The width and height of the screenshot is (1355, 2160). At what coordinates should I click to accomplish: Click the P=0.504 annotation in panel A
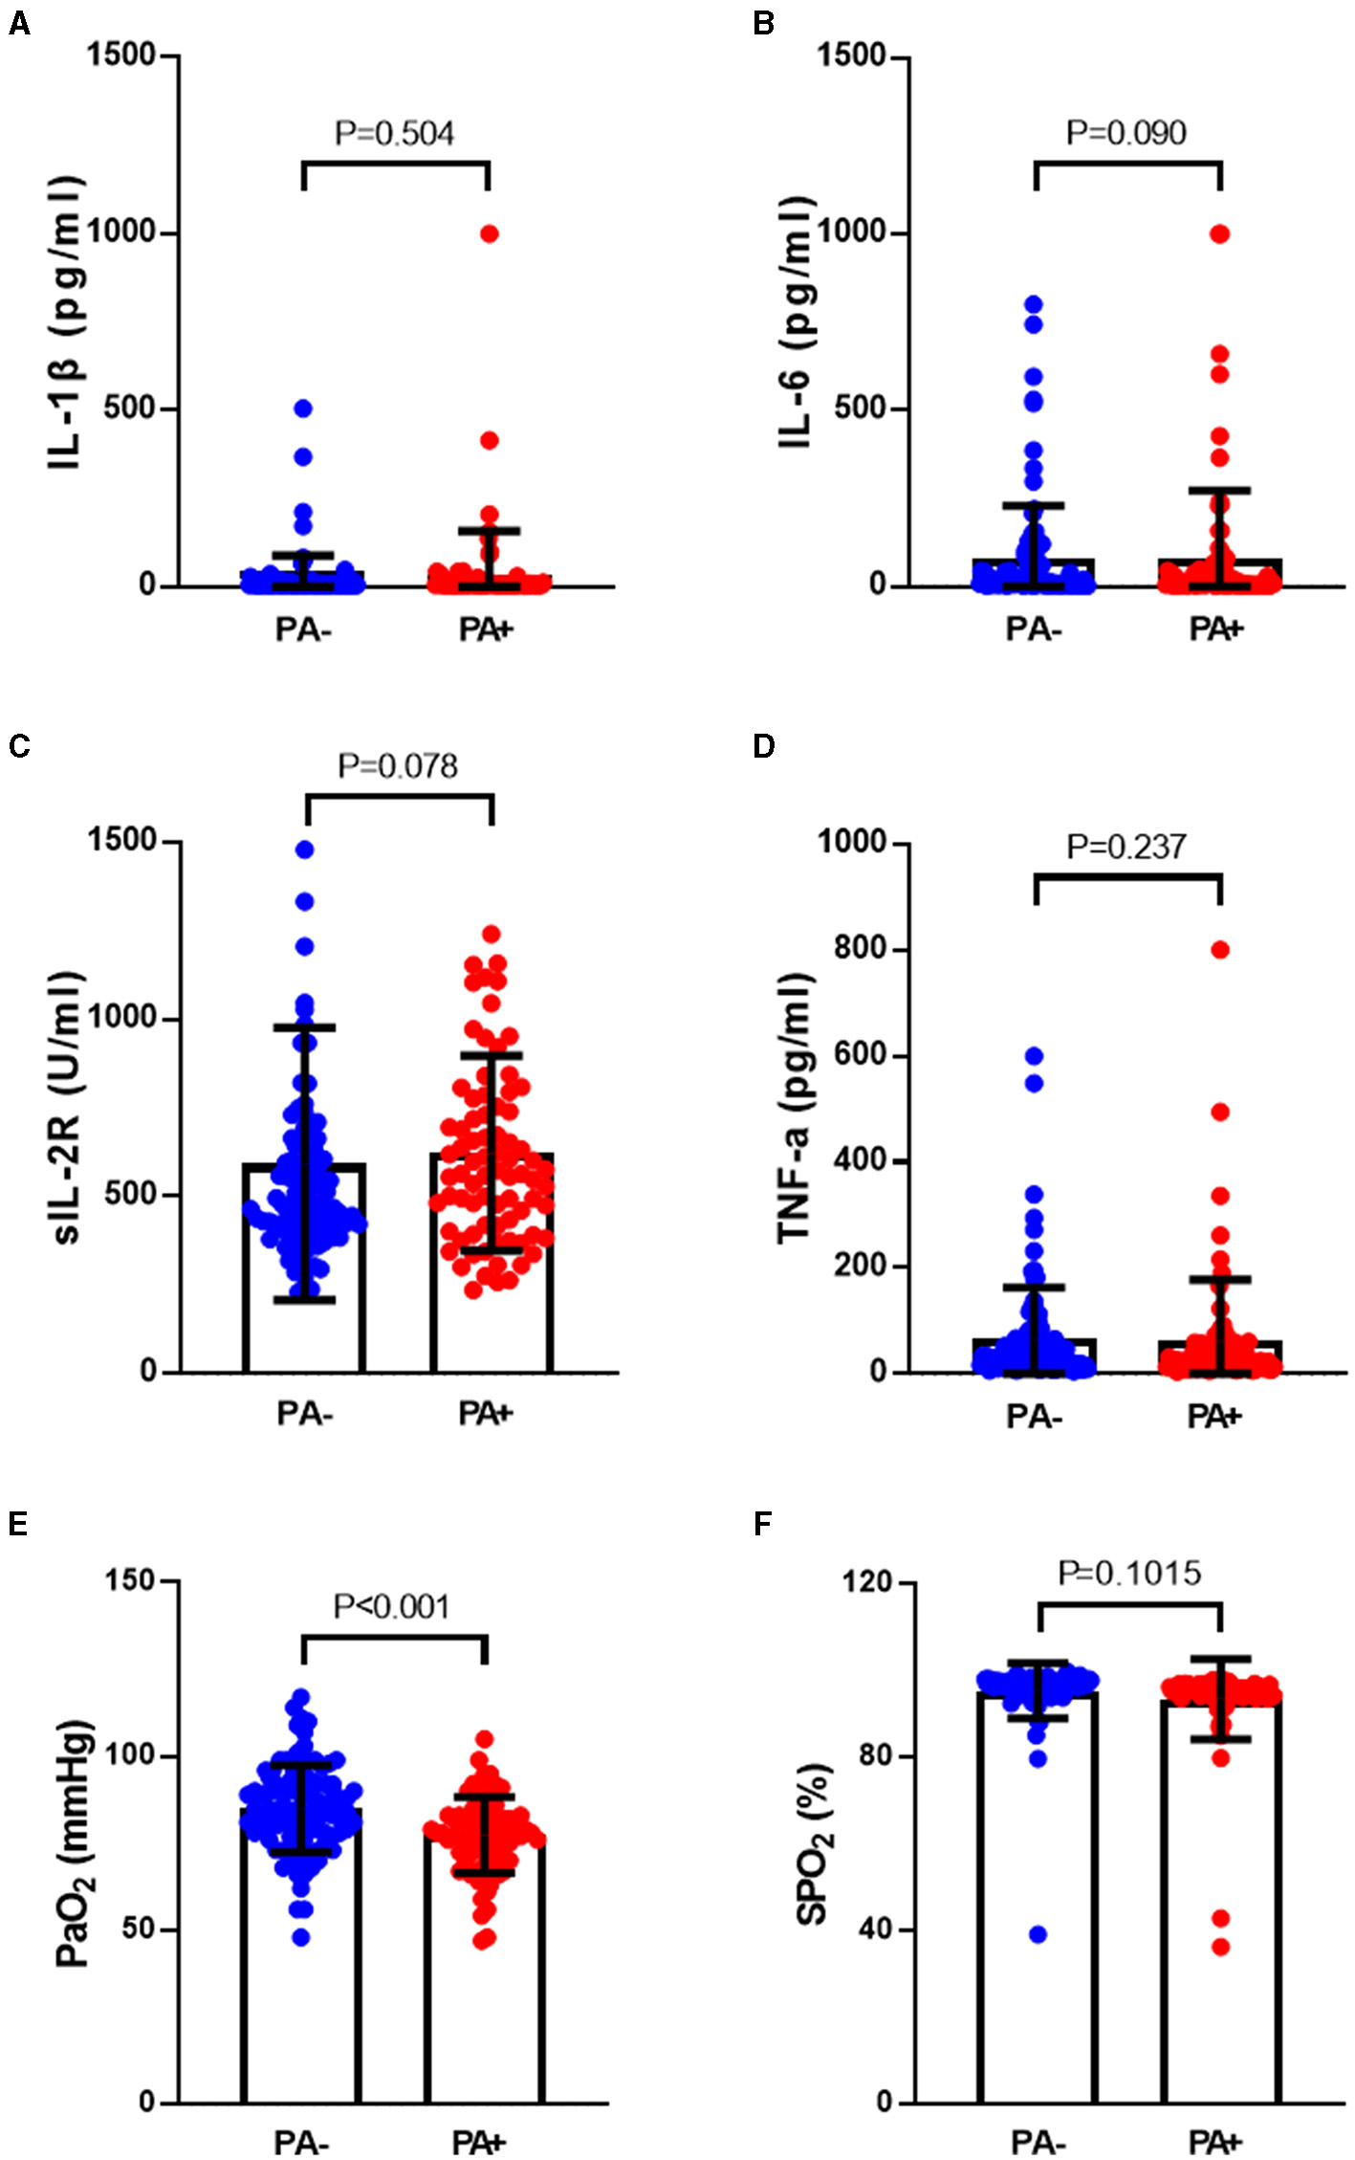point(394,133)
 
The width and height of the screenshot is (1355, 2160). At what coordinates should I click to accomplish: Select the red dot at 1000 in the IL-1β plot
point(489,233)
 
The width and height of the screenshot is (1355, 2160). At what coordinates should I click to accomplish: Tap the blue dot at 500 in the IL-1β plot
point(303,408)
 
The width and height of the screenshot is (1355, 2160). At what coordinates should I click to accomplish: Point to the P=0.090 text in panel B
point(1126,133)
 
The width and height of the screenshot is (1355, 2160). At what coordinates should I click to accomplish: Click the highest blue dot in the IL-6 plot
point(1034,305)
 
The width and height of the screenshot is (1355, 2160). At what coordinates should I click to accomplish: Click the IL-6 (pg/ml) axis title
point(797,322)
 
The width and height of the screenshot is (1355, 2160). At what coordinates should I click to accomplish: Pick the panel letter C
point(18,746)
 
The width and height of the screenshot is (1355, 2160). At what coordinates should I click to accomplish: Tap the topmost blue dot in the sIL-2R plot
point(305,849)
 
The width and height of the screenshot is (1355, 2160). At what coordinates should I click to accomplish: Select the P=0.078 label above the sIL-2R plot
point(398,765)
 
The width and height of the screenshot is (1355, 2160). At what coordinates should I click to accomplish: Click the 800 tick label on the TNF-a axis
point(857,949)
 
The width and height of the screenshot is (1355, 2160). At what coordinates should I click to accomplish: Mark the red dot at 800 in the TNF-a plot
point(1220,949)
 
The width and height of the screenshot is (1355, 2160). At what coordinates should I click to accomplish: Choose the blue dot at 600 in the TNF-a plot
point(1034,1056)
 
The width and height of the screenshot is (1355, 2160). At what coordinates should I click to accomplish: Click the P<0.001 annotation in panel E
point(392,1606)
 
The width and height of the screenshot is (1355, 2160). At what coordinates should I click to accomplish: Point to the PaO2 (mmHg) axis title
point(73,1841)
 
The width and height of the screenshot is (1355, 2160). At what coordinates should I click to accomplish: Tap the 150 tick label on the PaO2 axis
point(130,1580)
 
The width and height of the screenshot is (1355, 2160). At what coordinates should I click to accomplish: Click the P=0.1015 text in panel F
point(1128,1573)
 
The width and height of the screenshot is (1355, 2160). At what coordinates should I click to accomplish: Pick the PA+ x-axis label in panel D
point(1213,1417)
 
